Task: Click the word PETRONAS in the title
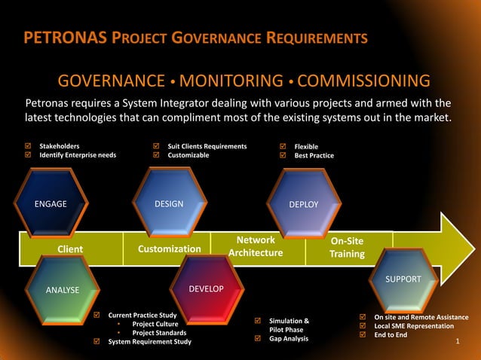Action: [60, 38]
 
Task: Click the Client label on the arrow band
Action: [70, 249]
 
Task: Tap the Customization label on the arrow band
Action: [170, 249]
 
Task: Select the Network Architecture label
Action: [256, 246]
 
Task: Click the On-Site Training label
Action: [347, 247]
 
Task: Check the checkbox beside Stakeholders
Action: [29, 146]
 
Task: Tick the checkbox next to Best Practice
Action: [283, 156]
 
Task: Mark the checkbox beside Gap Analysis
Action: [259, 339]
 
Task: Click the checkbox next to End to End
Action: [363, 335]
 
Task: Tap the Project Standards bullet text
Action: [160, 333]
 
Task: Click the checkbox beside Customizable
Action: [157, 155]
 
